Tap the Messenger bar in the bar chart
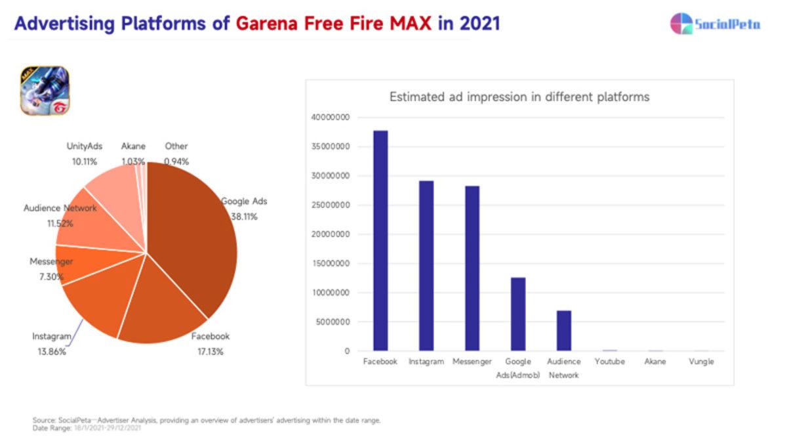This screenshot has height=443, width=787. point(472,268)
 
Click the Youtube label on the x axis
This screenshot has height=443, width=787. point(609,362)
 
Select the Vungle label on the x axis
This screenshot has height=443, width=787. point(701,362)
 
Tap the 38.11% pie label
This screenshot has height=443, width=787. point(243,216)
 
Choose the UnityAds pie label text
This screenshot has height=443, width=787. point(85,146)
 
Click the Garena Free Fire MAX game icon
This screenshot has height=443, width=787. point(45,91)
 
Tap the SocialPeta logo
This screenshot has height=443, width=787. point(715,24)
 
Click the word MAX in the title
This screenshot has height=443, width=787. point(412,24)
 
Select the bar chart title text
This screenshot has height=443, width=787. point(519,97)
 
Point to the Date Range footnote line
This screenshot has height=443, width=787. point(87,428)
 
